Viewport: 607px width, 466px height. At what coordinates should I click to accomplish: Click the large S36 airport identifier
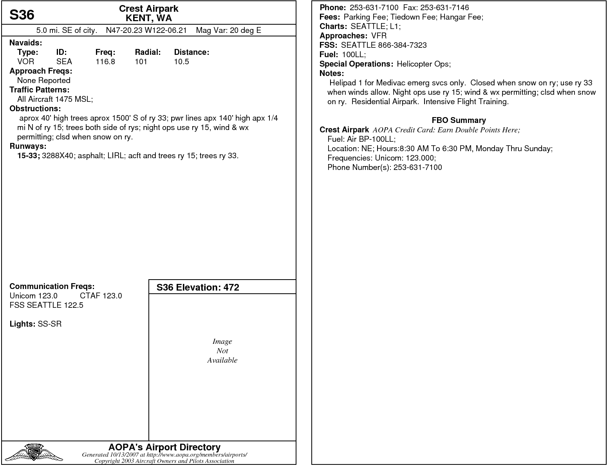click(x=22, y=15)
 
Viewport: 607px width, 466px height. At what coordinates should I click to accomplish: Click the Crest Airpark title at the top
click(x=148, y=9)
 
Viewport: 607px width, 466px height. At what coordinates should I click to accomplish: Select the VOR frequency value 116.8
click(x=105, y=61)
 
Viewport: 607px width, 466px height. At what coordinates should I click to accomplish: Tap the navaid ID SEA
click(x=64, y=61)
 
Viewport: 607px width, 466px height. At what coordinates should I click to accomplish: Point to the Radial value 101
click(x=141, y=61)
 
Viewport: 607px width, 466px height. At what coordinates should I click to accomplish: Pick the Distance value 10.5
click(x=181, y=61)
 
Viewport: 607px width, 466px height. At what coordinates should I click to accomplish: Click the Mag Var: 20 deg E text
click(x=228, y=30)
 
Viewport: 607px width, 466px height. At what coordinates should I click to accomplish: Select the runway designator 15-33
click(x=28, y=156)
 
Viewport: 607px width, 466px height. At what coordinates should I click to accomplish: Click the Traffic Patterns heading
click(x=39, y=90)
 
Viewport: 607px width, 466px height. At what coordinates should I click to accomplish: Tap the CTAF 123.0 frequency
click(x=101, y=296)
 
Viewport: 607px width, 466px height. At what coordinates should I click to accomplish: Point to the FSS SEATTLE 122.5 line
click(x=46, y=305)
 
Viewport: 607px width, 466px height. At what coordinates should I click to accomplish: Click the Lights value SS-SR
click(x=50, y=324)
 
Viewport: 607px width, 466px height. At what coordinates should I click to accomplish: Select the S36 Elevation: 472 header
click(x=198, y=287)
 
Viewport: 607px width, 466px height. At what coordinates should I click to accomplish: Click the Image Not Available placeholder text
click(x=222, y=351)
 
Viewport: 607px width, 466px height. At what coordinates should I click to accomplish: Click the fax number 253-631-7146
click(x=444, y=7)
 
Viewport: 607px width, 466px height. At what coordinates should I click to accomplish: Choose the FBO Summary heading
click(x=459, y=120)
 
